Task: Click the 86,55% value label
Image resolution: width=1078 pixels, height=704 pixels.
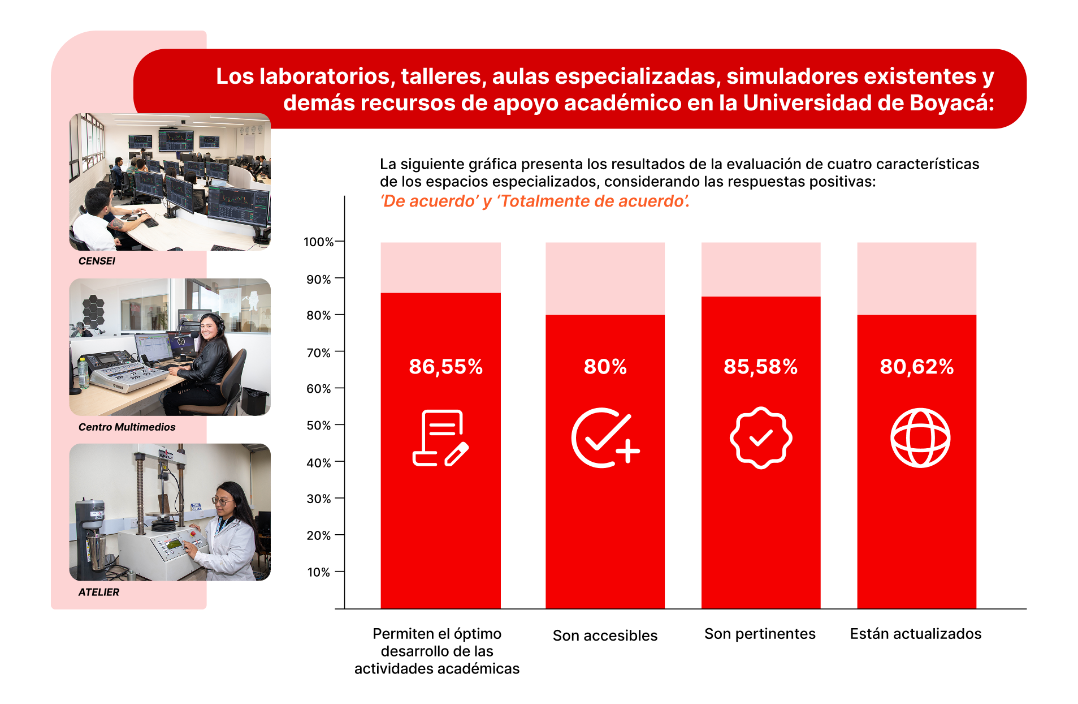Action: [x=445, y=367]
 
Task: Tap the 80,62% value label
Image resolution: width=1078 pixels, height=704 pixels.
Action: [x=916, y=367]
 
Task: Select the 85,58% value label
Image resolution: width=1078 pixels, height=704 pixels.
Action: [x=760, y=367]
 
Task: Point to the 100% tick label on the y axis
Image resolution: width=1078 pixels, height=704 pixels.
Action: [x=318, y=242]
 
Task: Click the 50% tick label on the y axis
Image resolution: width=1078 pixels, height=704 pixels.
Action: [x=318, y=426]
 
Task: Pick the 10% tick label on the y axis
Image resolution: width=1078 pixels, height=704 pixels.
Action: [x=318, y=572]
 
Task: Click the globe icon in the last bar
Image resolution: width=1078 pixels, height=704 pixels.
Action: [x=920, y=437]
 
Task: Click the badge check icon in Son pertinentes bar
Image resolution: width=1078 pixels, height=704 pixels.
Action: [x=761, y=437]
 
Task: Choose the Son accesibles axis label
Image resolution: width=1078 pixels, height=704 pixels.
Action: [x=605, y=636]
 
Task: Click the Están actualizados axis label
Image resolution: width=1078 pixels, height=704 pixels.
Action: [x=915, y=634]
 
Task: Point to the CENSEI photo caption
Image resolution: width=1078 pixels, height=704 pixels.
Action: [x=97, y=261]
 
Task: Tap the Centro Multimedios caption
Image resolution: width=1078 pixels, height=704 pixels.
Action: [x=127, y=427]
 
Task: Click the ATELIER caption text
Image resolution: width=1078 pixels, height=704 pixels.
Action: [x=98, y=592]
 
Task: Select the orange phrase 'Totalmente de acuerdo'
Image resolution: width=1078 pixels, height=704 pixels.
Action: [x=593, y=201]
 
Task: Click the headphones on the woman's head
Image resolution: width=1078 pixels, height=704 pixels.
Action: [x=219, y=323]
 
